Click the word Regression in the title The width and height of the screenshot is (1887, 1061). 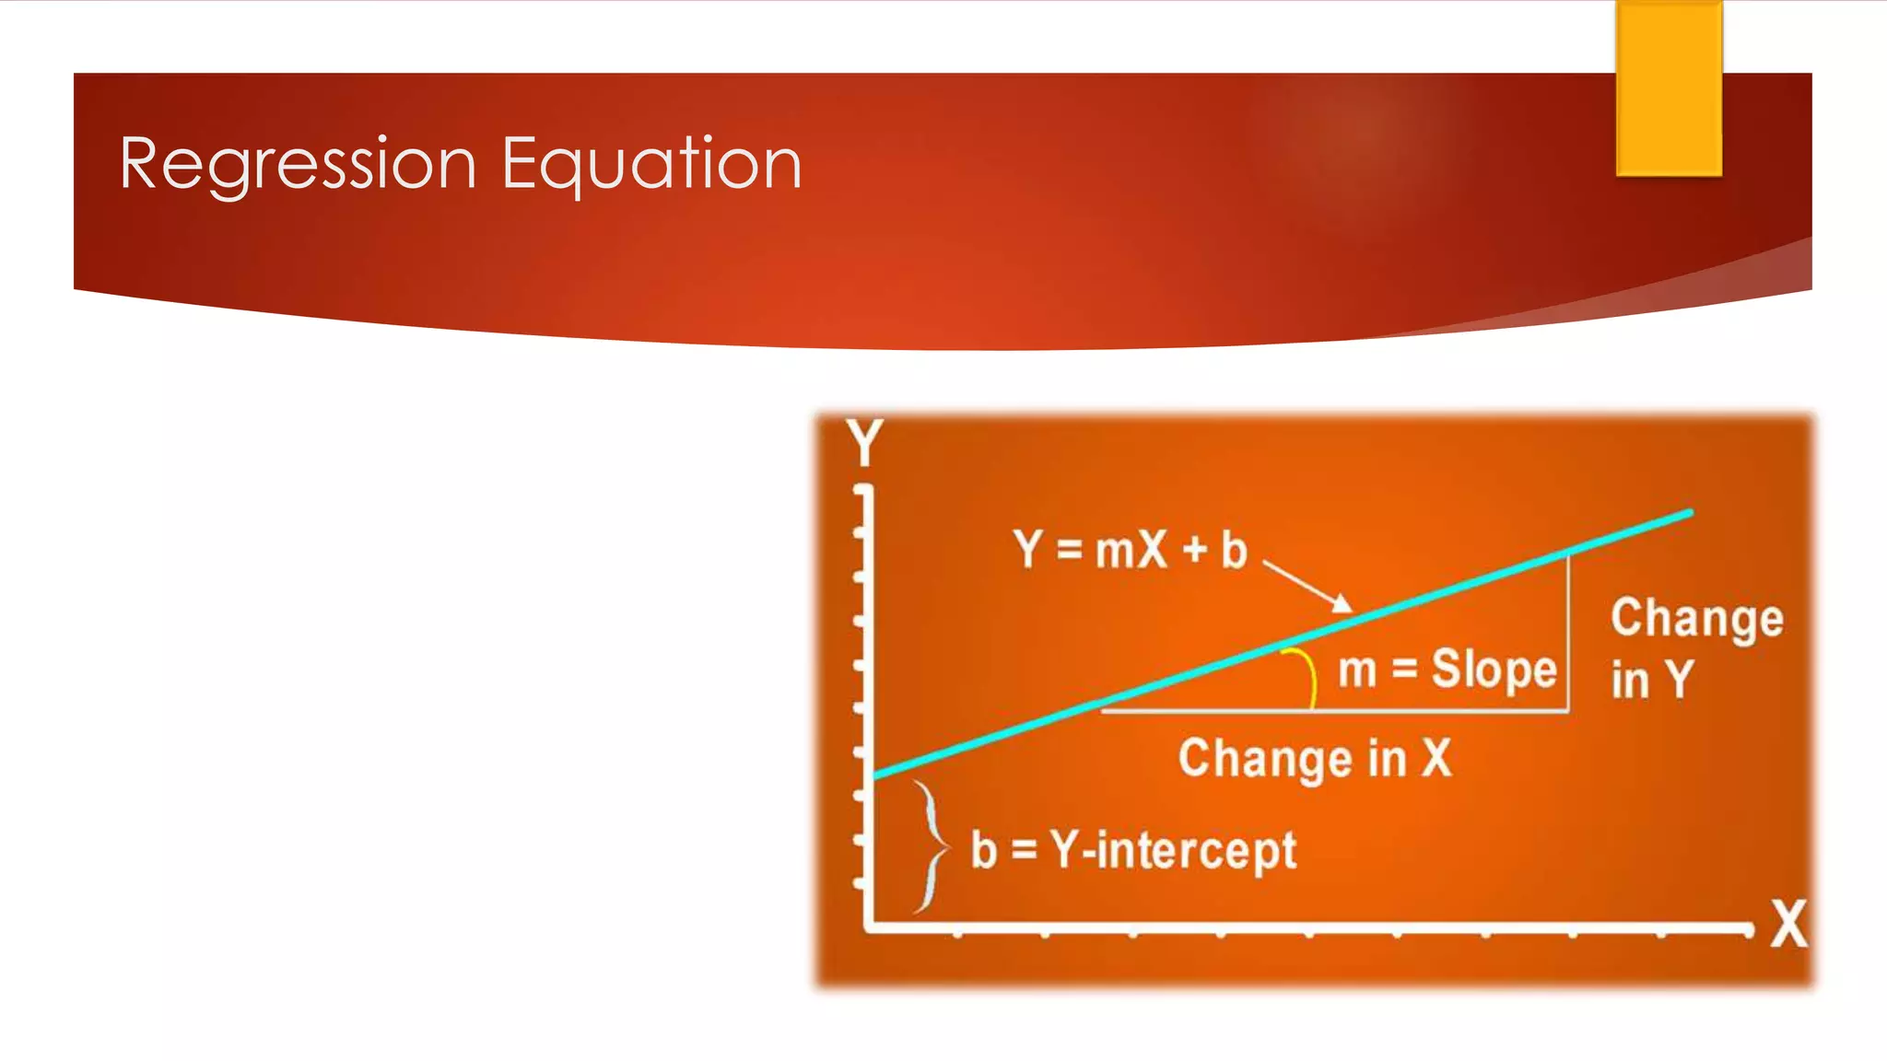click(x=298, y=164)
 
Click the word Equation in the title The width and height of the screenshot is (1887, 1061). click(x=651, y=164)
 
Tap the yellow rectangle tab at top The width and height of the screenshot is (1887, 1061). click(x=1669, y=88)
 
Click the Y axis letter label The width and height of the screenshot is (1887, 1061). click(x=865, y=444)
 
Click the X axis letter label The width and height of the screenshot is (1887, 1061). click(x=1788, y=924)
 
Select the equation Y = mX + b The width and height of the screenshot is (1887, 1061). click(x=1130, y=550)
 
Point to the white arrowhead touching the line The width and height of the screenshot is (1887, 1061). click(x=1343, y=604)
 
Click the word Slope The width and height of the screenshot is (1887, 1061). click(x=1494, y=670)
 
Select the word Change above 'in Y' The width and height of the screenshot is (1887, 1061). click(x=1696, y=618)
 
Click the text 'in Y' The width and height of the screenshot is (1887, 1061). click(x=1652, y=680)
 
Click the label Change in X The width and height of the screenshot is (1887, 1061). click(x=1315, y=758)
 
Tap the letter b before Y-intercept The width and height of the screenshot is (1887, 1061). click(x=984, y=849)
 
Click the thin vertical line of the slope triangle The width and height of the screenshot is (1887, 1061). click(x=1567, y=635)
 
